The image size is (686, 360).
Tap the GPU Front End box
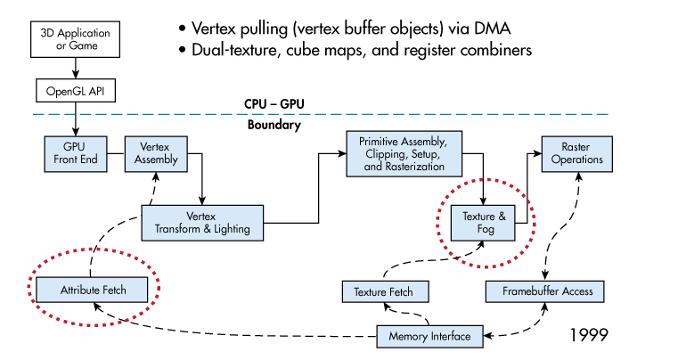tap(75, 153)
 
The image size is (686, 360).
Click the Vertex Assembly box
tap(156, 153)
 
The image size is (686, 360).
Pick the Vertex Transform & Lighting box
tap(202, 223)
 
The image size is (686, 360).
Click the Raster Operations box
tap(576, 153)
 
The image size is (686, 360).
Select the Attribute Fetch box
tap(93, 290)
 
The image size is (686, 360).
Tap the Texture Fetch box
tap(384, 291)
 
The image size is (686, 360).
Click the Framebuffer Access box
tap(547, 291)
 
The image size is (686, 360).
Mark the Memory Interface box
tap(429, 337)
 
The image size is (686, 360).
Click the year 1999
tap(588, 335)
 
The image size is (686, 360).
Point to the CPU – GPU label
tap(274, 104)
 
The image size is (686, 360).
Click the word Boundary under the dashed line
tap(274, 125)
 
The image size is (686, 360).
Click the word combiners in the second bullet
tap(493, 50)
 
